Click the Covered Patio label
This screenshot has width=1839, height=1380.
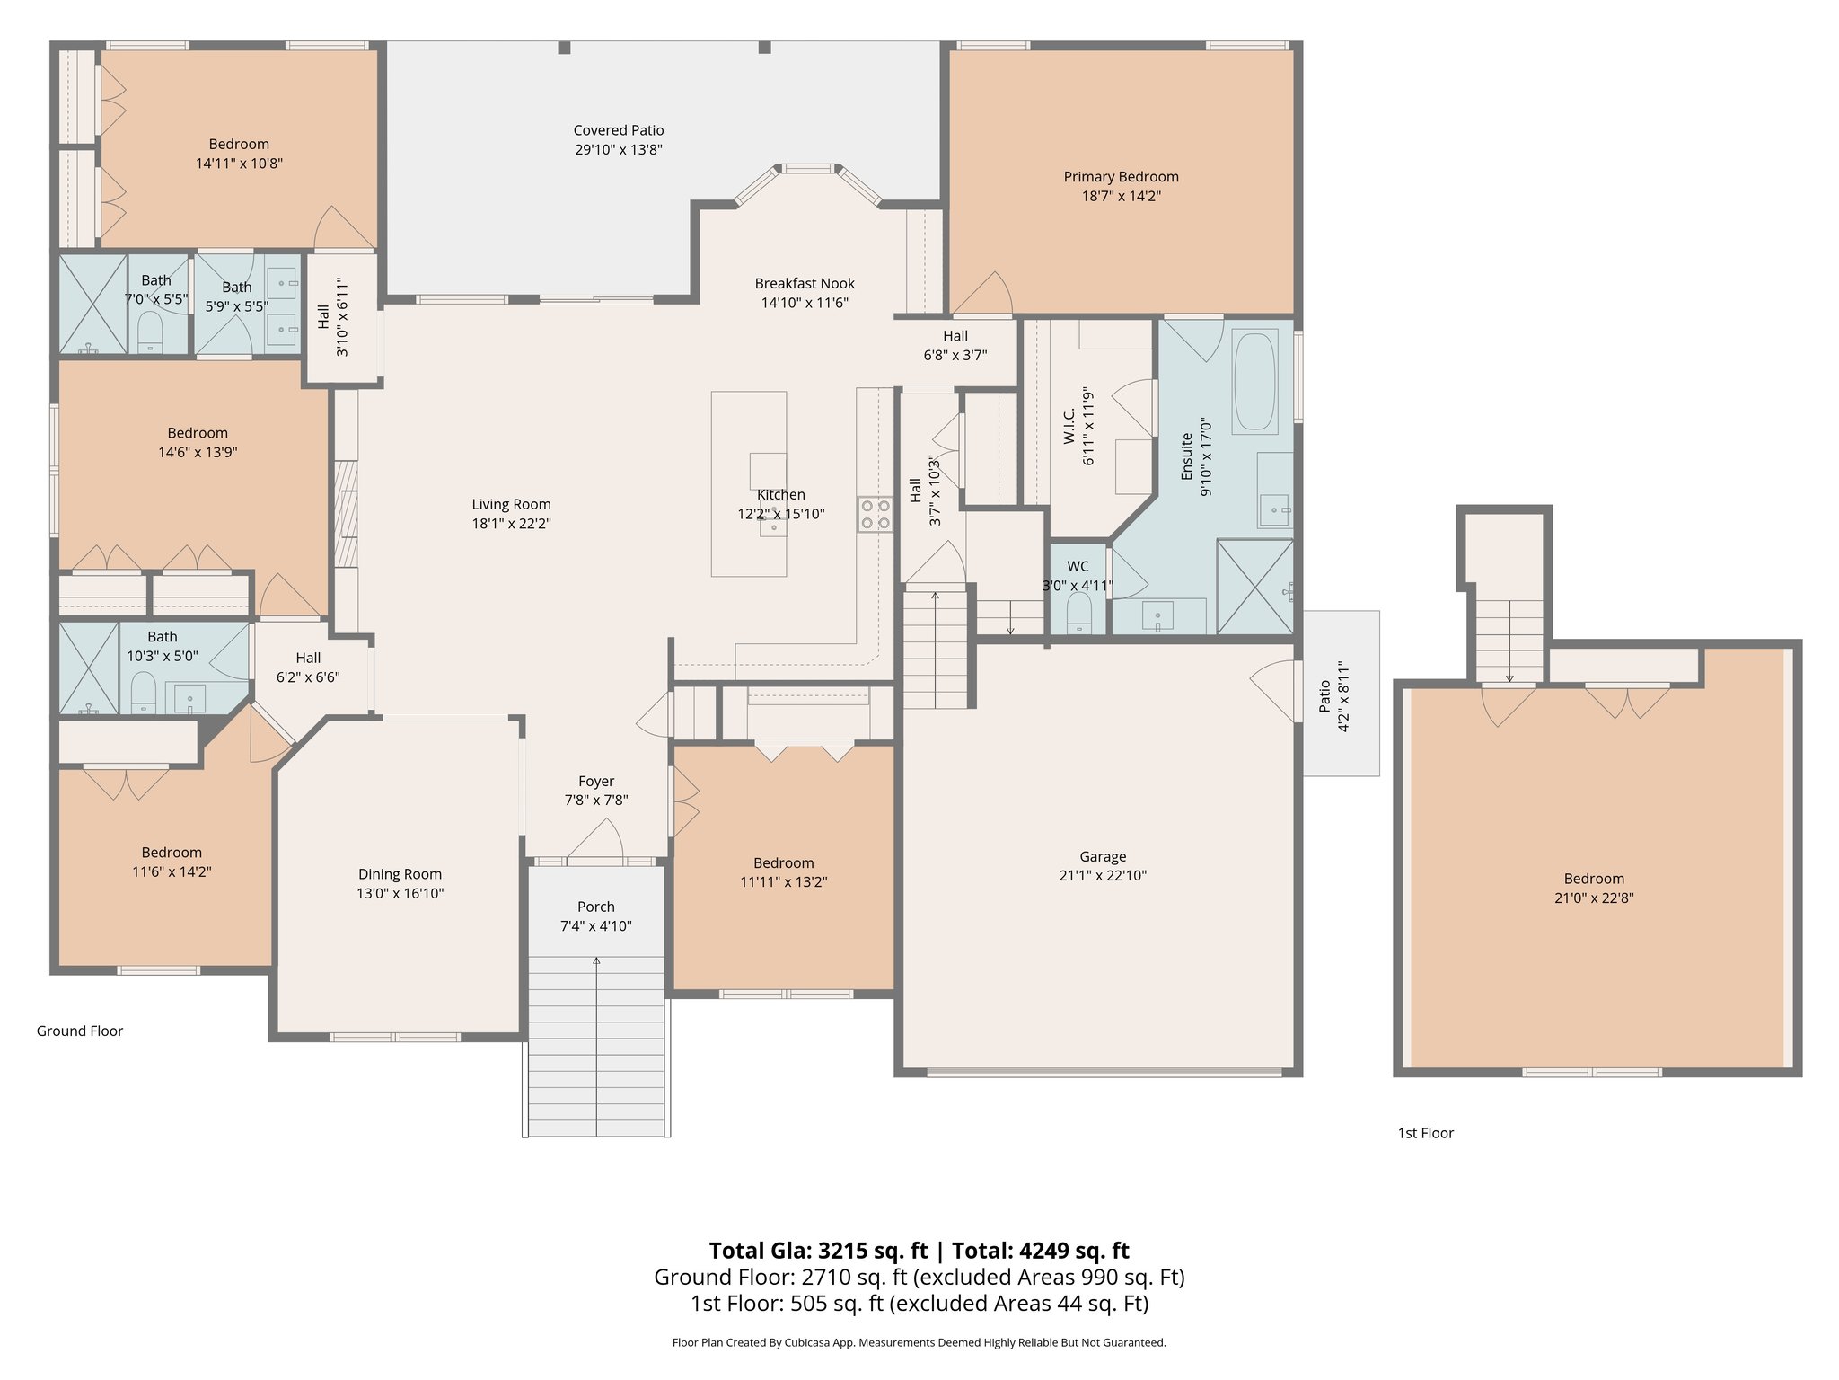point(619,131)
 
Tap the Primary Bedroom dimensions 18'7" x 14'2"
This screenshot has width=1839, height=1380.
point(1121,197)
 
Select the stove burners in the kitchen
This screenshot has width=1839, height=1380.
point(875,514)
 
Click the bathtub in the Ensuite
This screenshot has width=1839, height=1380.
point(1254,383)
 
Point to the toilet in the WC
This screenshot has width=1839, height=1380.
point(1078,615)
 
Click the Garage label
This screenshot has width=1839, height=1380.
point(1102,857)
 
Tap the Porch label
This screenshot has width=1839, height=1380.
point(595,907)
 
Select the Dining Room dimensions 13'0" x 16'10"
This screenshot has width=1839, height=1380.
point(400,894)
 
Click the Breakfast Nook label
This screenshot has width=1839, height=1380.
point(805,284)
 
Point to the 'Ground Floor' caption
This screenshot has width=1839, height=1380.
point(80,1031)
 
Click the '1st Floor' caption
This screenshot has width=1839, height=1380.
point(1425,1133)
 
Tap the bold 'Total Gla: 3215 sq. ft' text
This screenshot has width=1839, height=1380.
point(817,1251)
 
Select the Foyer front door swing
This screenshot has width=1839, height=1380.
point(597,842)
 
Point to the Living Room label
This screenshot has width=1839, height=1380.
point(511,505)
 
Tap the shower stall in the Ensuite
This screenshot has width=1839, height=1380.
point(1254,586)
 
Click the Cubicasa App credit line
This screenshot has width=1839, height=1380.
point(919,1343)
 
